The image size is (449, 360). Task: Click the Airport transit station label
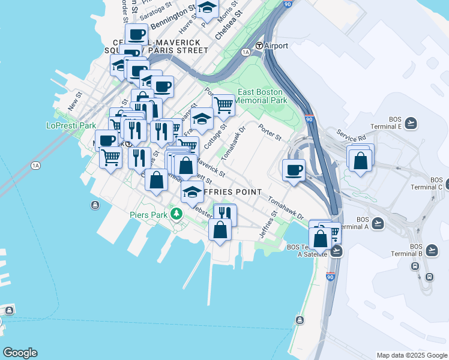(275, 46)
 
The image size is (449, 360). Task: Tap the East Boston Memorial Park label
(261, 97)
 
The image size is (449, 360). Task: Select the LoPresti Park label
(71, 126)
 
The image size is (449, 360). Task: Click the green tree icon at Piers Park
(176, 214)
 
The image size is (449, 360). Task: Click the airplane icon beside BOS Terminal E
(411, 123)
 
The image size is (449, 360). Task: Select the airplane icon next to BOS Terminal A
(378, 224)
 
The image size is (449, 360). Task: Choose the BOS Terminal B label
(415, 250)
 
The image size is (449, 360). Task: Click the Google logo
(20, 353)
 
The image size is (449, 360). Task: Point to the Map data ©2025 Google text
(411, 355)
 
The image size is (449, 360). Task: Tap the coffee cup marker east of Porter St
(294, 170)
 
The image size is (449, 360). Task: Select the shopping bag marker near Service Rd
(360, 161)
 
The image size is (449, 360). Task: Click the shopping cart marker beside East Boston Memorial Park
(223, 105)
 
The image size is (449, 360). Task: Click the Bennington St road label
(173, 18)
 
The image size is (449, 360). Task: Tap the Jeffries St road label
(268, 227)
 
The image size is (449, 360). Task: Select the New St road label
(74, 101)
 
